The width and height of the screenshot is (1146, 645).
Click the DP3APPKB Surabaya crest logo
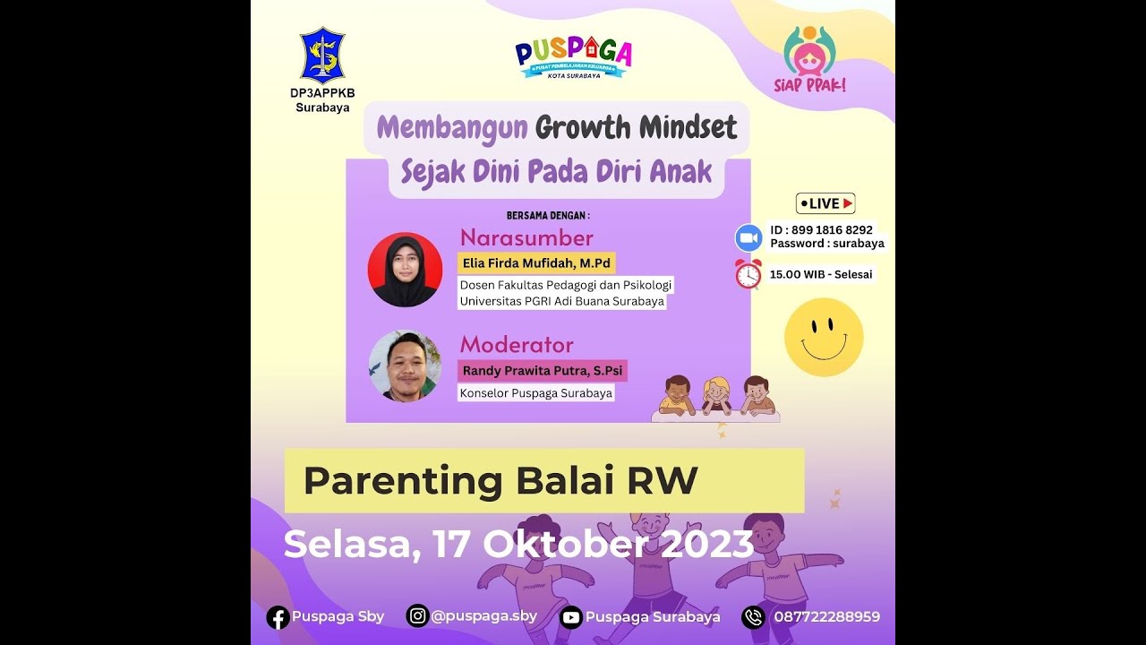[x=322, y=56]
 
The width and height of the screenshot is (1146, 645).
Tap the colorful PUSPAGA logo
[x=573, y=56]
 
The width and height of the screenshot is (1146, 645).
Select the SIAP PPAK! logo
[x=809, y=57]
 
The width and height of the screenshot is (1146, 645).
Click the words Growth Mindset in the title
[x=637, y=128]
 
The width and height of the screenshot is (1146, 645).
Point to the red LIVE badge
[x=825, y=203]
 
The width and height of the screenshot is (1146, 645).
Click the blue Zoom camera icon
[x=748, y=237]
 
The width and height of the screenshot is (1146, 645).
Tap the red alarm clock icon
[x=748, y=274]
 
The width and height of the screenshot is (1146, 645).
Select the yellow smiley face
[x=824, y=337]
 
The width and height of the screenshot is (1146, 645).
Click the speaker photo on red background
[x=405, y=270]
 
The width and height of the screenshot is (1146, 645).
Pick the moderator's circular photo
[x=405, y=366]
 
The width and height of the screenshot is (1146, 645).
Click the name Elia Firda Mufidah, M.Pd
[x=536, y=263]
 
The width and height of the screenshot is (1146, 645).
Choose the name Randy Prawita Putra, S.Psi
[x=542, y=370]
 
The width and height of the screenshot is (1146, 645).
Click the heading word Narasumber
[x=526, y=238]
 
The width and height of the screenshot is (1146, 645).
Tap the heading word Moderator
[x=517, y=345]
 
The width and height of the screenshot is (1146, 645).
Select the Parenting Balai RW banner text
[x=500, y=481]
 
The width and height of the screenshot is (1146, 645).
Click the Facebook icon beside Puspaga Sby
[x=278, y=617]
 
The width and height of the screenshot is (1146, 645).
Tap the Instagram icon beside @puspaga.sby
[x=417, y=615]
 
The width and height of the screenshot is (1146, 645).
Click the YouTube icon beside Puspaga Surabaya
[x=570, y=617]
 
